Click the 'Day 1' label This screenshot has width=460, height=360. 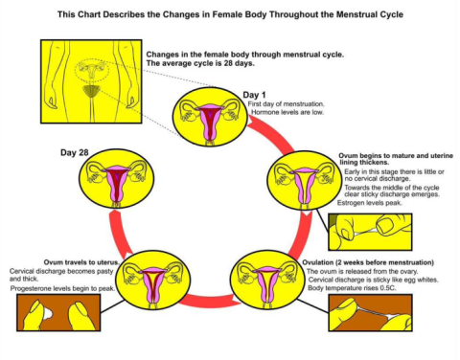click(x=254, y=95)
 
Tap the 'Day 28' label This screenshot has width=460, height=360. click(x=74, y=152)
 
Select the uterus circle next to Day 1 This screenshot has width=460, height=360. click(x=210, y=117)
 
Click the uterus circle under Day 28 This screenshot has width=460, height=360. click(x=117, y=179)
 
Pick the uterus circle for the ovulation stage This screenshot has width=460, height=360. click(x=267, y=280)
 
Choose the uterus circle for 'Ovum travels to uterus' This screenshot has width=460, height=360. click(x=152, y=280)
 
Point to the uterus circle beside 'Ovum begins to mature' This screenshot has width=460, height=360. click(x=305, y=180)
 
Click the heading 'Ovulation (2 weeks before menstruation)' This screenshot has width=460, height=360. click(x=368, y=262)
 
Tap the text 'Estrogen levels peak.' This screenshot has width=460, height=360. click(x=370, y=203)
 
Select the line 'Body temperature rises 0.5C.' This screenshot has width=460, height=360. click(x=352, y=288)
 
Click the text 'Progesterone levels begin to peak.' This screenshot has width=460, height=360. click(x=62, y=288)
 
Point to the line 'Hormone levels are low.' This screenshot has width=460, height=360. click(x=287, y=112)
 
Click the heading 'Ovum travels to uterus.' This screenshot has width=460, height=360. click(x=81, y=262)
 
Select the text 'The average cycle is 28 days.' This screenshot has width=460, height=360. click(x=200, y=63)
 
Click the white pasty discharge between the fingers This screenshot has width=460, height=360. click(x=47, y=314)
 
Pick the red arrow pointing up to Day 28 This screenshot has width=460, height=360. click(x=120, y=231)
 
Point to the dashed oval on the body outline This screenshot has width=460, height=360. click(x=92, y=69)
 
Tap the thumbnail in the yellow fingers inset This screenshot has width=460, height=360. click(x=386, y=224)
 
